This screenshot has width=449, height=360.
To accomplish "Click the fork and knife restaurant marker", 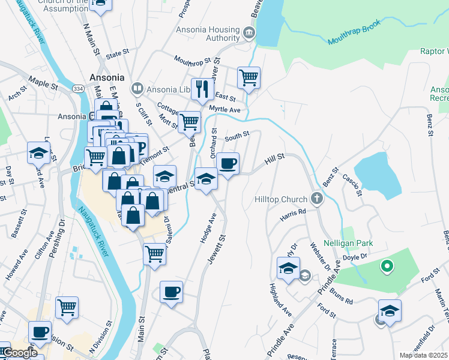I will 202,89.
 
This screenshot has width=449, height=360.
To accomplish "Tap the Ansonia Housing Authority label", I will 208,34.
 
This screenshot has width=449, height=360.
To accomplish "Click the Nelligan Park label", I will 348,243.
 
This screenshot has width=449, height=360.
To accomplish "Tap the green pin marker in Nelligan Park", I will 388,265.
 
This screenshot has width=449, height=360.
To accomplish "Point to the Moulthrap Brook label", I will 354,41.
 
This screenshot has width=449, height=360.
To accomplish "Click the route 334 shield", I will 77,88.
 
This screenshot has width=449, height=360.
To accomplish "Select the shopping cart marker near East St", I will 249,77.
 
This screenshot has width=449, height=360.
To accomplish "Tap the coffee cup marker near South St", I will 228,163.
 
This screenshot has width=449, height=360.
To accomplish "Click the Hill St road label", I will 275,159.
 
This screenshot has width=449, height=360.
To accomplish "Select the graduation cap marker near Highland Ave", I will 289,267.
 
